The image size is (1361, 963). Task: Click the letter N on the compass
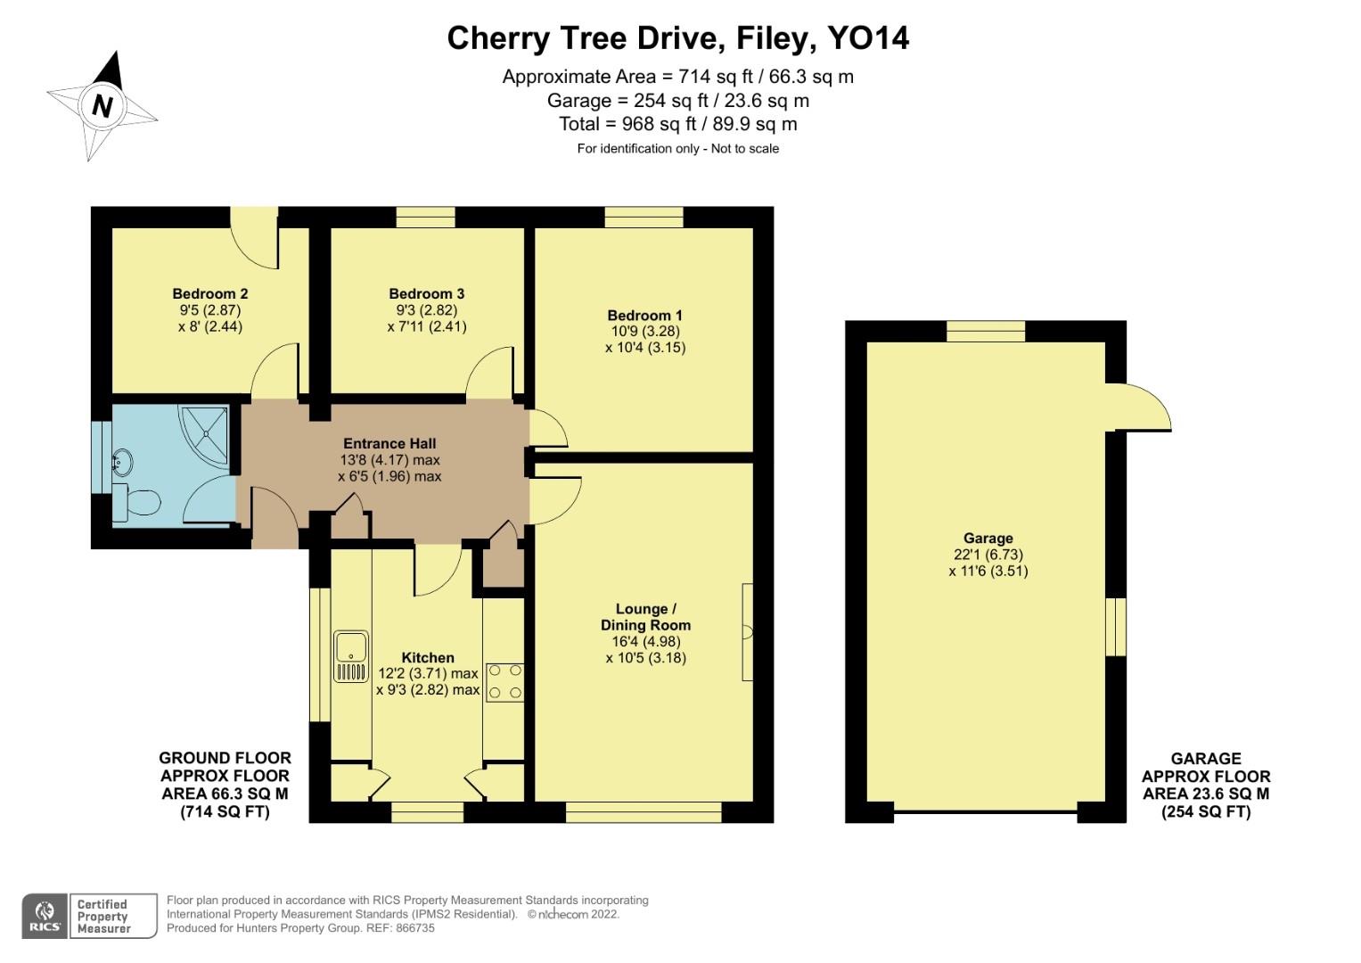coord(102,107)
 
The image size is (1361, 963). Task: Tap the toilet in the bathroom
coord(136,503)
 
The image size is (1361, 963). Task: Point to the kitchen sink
coord(351,656)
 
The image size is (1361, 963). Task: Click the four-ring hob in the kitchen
coord(504,683)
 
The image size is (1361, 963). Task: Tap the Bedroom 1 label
coord(644,316)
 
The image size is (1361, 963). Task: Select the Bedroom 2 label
coord(210,293)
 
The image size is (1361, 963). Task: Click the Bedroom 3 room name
coord(427,293)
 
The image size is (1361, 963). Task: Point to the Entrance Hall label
coord(389,444)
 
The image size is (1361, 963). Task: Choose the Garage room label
coord(988,538)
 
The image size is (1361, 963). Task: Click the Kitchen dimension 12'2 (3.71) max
coord(429,673)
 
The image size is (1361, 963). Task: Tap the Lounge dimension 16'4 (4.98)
coord(646,641)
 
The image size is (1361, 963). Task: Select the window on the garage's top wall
coord(986,332)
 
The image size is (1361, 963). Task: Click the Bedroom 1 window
coord(644,217)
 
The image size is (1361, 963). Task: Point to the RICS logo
coord(45,916)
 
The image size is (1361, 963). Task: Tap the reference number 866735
coord(415,928)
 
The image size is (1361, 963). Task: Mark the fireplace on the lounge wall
coord(747,632)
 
